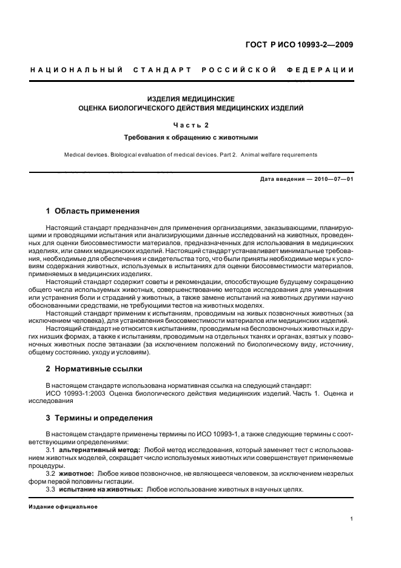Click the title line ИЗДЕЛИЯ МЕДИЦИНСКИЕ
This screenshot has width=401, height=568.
(x=191, y=98)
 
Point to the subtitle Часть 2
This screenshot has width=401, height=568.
(x=191, y=125)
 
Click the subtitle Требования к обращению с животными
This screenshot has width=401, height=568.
(x=191, y=137)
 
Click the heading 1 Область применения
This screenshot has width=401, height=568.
(x=93, y=211)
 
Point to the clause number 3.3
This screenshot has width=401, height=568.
(x=52, y=489)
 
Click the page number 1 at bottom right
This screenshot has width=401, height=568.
(x=352, y=519)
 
